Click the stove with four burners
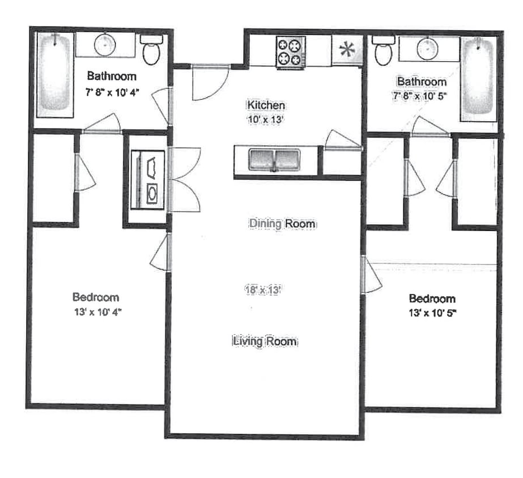(x=291, y=52)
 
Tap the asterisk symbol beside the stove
(x=346, y=50)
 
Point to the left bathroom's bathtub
(x=55, y=74)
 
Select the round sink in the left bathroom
(x=105, y=45)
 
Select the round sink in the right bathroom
(x=428, y=49)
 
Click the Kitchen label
(x=265, y=105)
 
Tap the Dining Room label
(x=282, y=224)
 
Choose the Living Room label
(x=265, y=342)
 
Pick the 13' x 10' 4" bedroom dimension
(x=97, y=311)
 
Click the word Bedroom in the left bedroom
(x=96, y=297)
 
